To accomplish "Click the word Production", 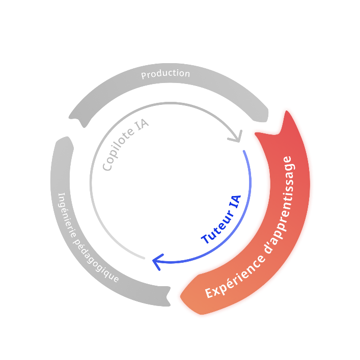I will coord(165,74).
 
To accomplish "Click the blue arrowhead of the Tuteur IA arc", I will coord(157,261).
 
